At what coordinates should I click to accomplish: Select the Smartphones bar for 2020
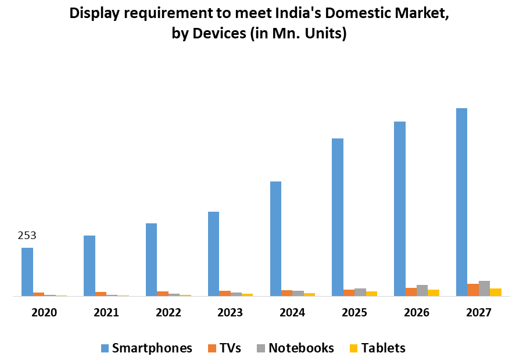pos(27,272)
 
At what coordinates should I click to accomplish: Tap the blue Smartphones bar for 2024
pos(275,238)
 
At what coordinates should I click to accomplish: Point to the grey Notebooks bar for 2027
pos(484,288)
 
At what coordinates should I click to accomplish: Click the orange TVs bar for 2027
pos(473,290)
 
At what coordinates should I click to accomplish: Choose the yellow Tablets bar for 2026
pos(434,293)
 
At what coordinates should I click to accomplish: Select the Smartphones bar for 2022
pos(151,259)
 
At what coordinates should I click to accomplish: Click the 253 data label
pos(27,236)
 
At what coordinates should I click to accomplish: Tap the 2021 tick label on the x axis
pos(106,313)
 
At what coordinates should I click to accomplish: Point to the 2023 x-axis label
pos(230,313)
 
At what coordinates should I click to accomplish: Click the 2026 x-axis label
pos(417,313)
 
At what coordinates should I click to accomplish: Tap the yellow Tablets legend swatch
pos(353,348)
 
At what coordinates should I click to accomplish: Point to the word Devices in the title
pos(219,34)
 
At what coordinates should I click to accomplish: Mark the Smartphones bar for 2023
pos(213,254)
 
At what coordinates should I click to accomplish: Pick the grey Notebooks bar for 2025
pos(360,292)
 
